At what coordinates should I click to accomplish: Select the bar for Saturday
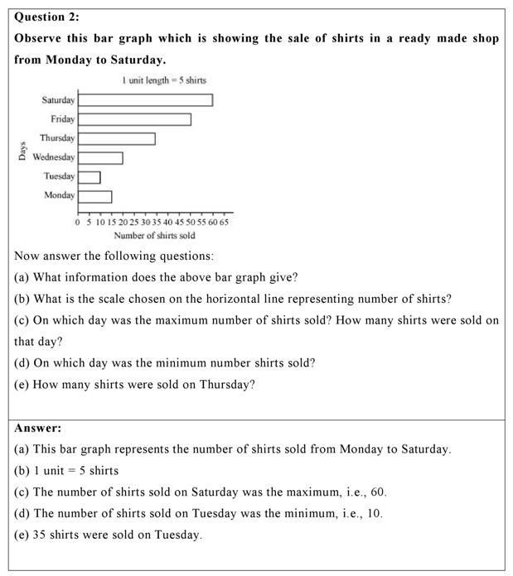(145, 100)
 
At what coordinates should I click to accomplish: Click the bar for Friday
(134, 119)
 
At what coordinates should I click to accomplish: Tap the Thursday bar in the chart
(116, 138)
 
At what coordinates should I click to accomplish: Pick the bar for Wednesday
(100, 157)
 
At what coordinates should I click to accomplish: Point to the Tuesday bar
(89, 177)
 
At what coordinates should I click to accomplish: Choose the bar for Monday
(94, 196)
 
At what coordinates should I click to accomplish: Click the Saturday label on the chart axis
(58, 100)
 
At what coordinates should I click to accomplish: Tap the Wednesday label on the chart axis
(54, 157)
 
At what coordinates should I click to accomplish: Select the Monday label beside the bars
(59, 195)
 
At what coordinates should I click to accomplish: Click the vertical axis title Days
(22, 151)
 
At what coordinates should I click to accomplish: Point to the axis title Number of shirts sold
(154, 236)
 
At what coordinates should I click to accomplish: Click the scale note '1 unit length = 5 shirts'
(163, 80)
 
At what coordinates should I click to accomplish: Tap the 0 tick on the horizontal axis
(78, 223)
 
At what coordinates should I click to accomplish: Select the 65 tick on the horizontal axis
(224, 223)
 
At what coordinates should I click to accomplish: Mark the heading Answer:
(38, 428)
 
